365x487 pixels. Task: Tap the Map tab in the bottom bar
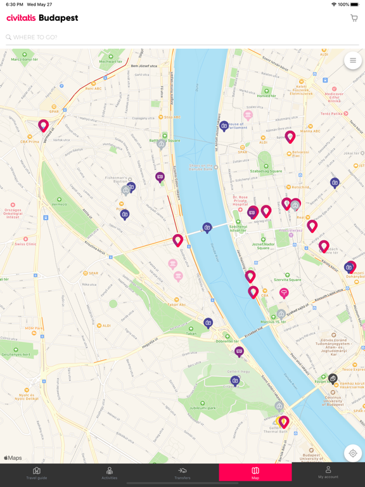click(x=255, y=472)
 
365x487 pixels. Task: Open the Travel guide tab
click(x=37, y=472)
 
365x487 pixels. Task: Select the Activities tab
click(x=110, y=472)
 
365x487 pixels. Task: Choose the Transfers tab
click(x=182, y=472)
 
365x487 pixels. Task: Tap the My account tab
click(x=328, y=472)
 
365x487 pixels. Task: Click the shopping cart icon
click(x=354, y=18)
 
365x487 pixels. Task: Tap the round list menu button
click(x=353, y=61)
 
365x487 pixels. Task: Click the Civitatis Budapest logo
click(x=42, y=18)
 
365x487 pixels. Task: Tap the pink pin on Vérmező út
click(x=43, y=126)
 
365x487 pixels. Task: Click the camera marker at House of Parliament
click(x=224, y=126)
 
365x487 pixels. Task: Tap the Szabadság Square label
click(x=266, y=171)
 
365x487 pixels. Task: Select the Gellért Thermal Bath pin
click(x=284, y=421)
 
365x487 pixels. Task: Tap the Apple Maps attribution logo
click(x=13, y=458)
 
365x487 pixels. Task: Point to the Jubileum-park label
click(x=203, y=408)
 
